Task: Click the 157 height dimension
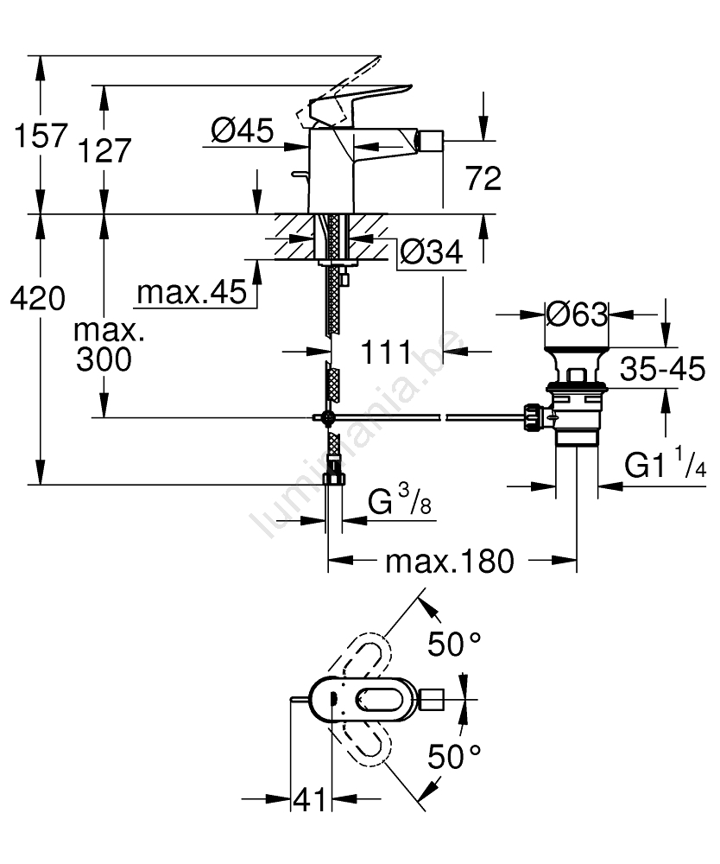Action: tap(35, 136)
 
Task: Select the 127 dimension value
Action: tap(104, 150)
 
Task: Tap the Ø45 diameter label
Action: tap(242, 130)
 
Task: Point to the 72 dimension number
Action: tap(483, 179)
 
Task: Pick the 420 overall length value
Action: tap(36, 299)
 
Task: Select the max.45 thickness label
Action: tap(191, 294)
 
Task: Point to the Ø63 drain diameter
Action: tap(578, 314)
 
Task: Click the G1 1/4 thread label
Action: tap(666, 467)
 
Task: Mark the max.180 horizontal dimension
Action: tap(449, 562)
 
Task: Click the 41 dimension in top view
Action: tap(309, 800)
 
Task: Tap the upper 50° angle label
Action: tap(455, 644)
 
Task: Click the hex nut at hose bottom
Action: tap(333, 481)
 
